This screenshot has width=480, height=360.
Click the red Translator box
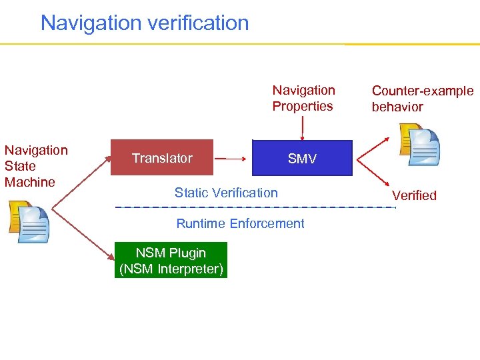point(161,157)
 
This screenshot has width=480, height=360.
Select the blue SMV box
point(302,158)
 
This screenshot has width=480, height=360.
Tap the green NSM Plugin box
point(171,260)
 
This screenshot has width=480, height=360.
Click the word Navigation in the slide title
point(87,23)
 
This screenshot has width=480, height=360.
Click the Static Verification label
point(226,193)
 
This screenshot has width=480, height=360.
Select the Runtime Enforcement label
point(240,223)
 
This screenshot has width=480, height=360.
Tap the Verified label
point(414,195)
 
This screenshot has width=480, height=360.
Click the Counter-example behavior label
point(422,99)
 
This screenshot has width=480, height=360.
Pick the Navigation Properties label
point(303,98)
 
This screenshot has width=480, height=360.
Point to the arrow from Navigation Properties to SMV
point(303,127)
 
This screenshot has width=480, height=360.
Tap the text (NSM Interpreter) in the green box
point(171,269)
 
